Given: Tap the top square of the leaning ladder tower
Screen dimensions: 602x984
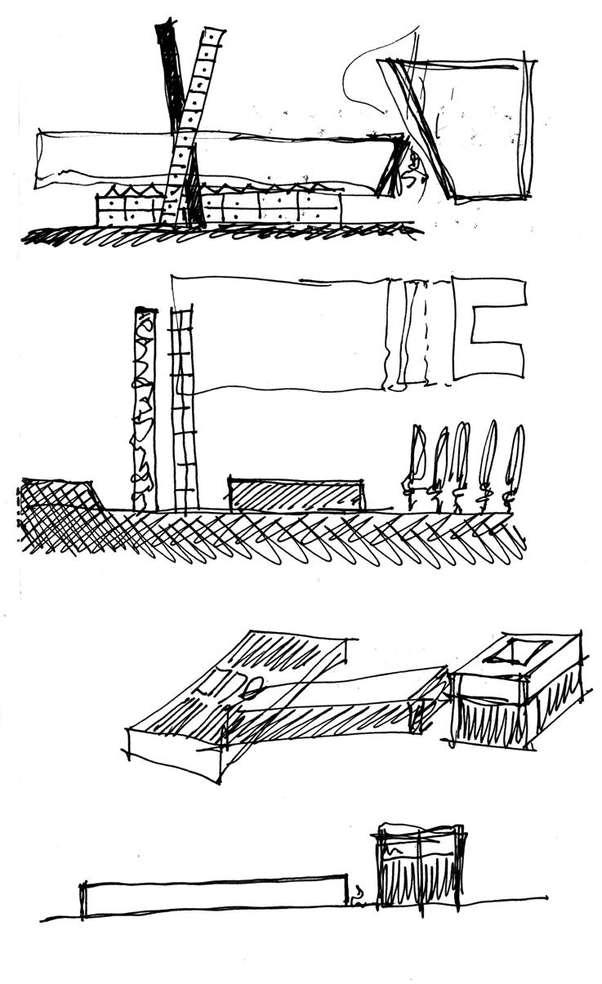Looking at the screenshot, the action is (213, 38).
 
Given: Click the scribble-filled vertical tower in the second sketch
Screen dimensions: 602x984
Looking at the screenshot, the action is (145, 408).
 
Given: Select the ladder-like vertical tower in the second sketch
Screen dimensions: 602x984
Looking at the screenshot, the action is (184, 408).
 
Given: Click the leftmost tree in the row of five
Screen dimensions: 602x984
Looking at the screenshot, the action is (417, 465).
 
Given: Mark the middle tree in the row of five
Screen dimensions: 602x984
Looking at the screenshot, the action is (462, 465).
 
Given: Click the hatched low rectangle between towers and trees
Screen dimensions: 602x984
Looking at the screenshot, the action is (297, 495).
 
